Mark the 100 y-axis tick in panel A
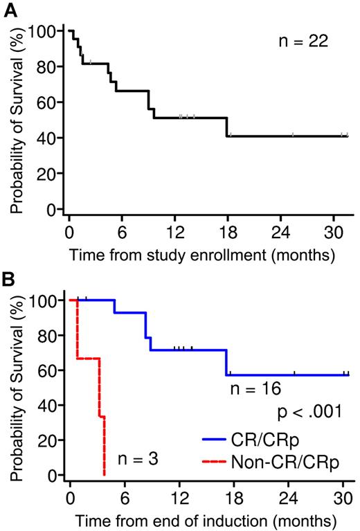43,31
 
